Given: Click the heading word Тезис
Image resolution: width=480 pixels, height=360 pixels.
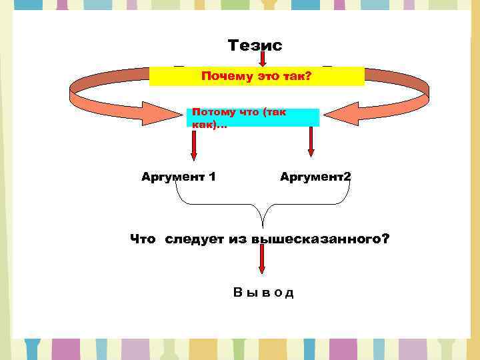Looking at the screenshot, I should tap(255, 45).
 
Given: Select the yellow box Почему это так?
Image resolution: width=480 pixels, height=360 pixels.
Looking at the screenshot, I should tap(257, 77).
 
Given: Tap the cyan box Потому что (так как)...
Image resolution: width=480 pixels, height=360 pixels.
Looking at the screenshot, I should tap(253, 118).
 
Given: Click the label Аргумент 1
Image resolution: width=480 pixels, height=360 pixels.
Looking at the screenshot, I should tap(178, 177).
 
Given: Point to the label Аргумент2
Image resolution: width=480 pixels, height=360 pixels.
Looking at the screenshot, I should tap(315, 177).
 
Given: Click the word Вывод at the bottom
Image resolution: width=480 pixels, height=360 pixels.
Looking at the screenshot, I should tap(263, 293).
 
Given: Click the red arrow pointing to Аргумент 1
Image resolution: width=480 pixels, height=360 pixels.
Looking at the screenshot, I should tap(193, 143).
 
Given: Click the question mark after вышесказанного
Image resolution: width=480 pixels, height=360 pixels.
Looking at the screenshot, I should tap(386, 239).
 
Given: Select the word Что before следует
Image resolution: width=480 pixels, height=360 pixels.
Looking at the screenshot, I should tap(143, 239).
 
